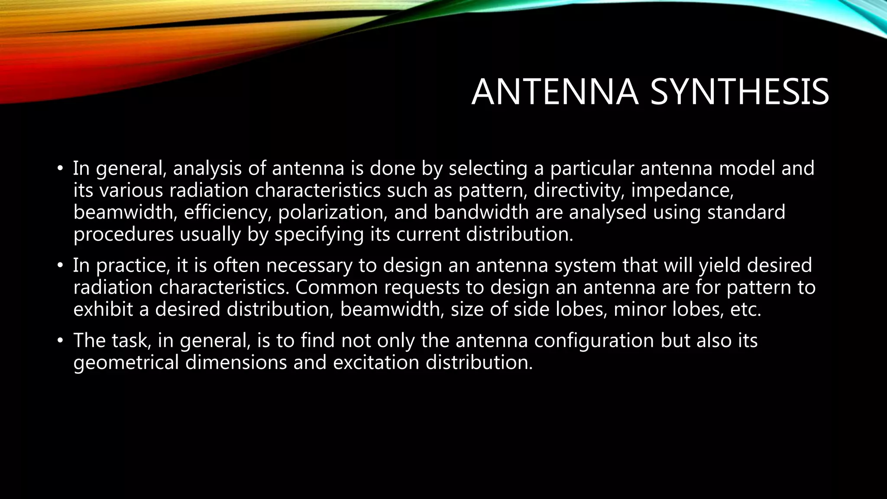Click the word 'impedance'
point(682,191)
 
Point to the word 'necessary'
point(309,266)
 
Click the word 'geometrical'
point(126,363)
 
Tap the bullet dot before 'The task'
point(60,341)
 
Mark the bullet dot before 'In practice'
point(60,266)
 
